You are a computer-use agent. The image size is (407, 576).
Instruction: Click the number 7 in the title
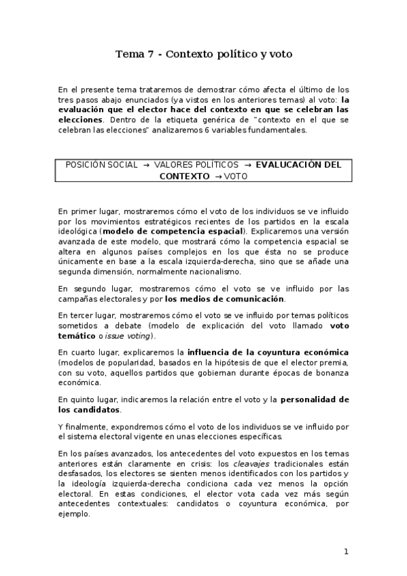[x=149, y=54]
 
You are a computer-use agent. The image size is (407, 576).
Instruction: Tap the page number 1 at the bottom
[x=346, y=552]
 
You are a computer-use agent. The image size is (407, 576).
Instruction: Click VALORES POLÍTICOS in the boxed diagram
[x=196, y=164]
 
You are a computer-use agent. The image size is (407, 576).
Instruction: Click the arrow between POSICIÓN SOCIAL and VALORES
[x=145, y=164]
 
